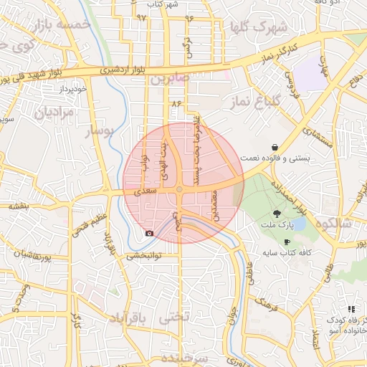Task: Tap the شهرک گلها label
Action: pos(259,29)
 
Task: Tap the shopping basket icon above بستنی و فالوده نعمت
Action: pos(275,147)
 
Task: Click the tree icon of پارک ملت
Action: pos(277,214)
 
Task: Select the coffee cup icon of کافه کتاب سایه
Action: pos(287,242)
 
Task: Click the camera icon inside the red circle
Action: pos(149,233)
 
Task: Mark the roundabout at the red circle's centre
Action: pos(178,190)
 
